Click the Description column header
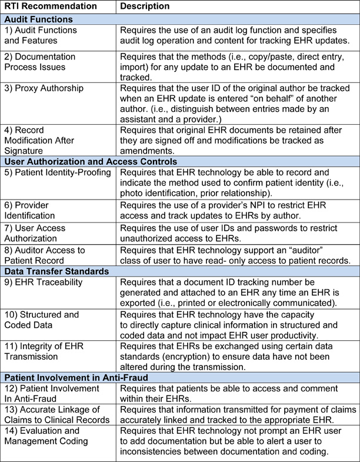click(145, 6)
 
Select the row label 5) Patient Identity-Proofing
click(58, 172)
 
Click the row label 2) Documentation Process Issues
click(40, 62)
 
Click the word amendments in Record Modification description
click(146, 150)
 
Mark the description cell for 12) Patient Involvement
click(238, 393)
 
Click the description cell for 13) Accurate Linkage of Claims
click(238, 414)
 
